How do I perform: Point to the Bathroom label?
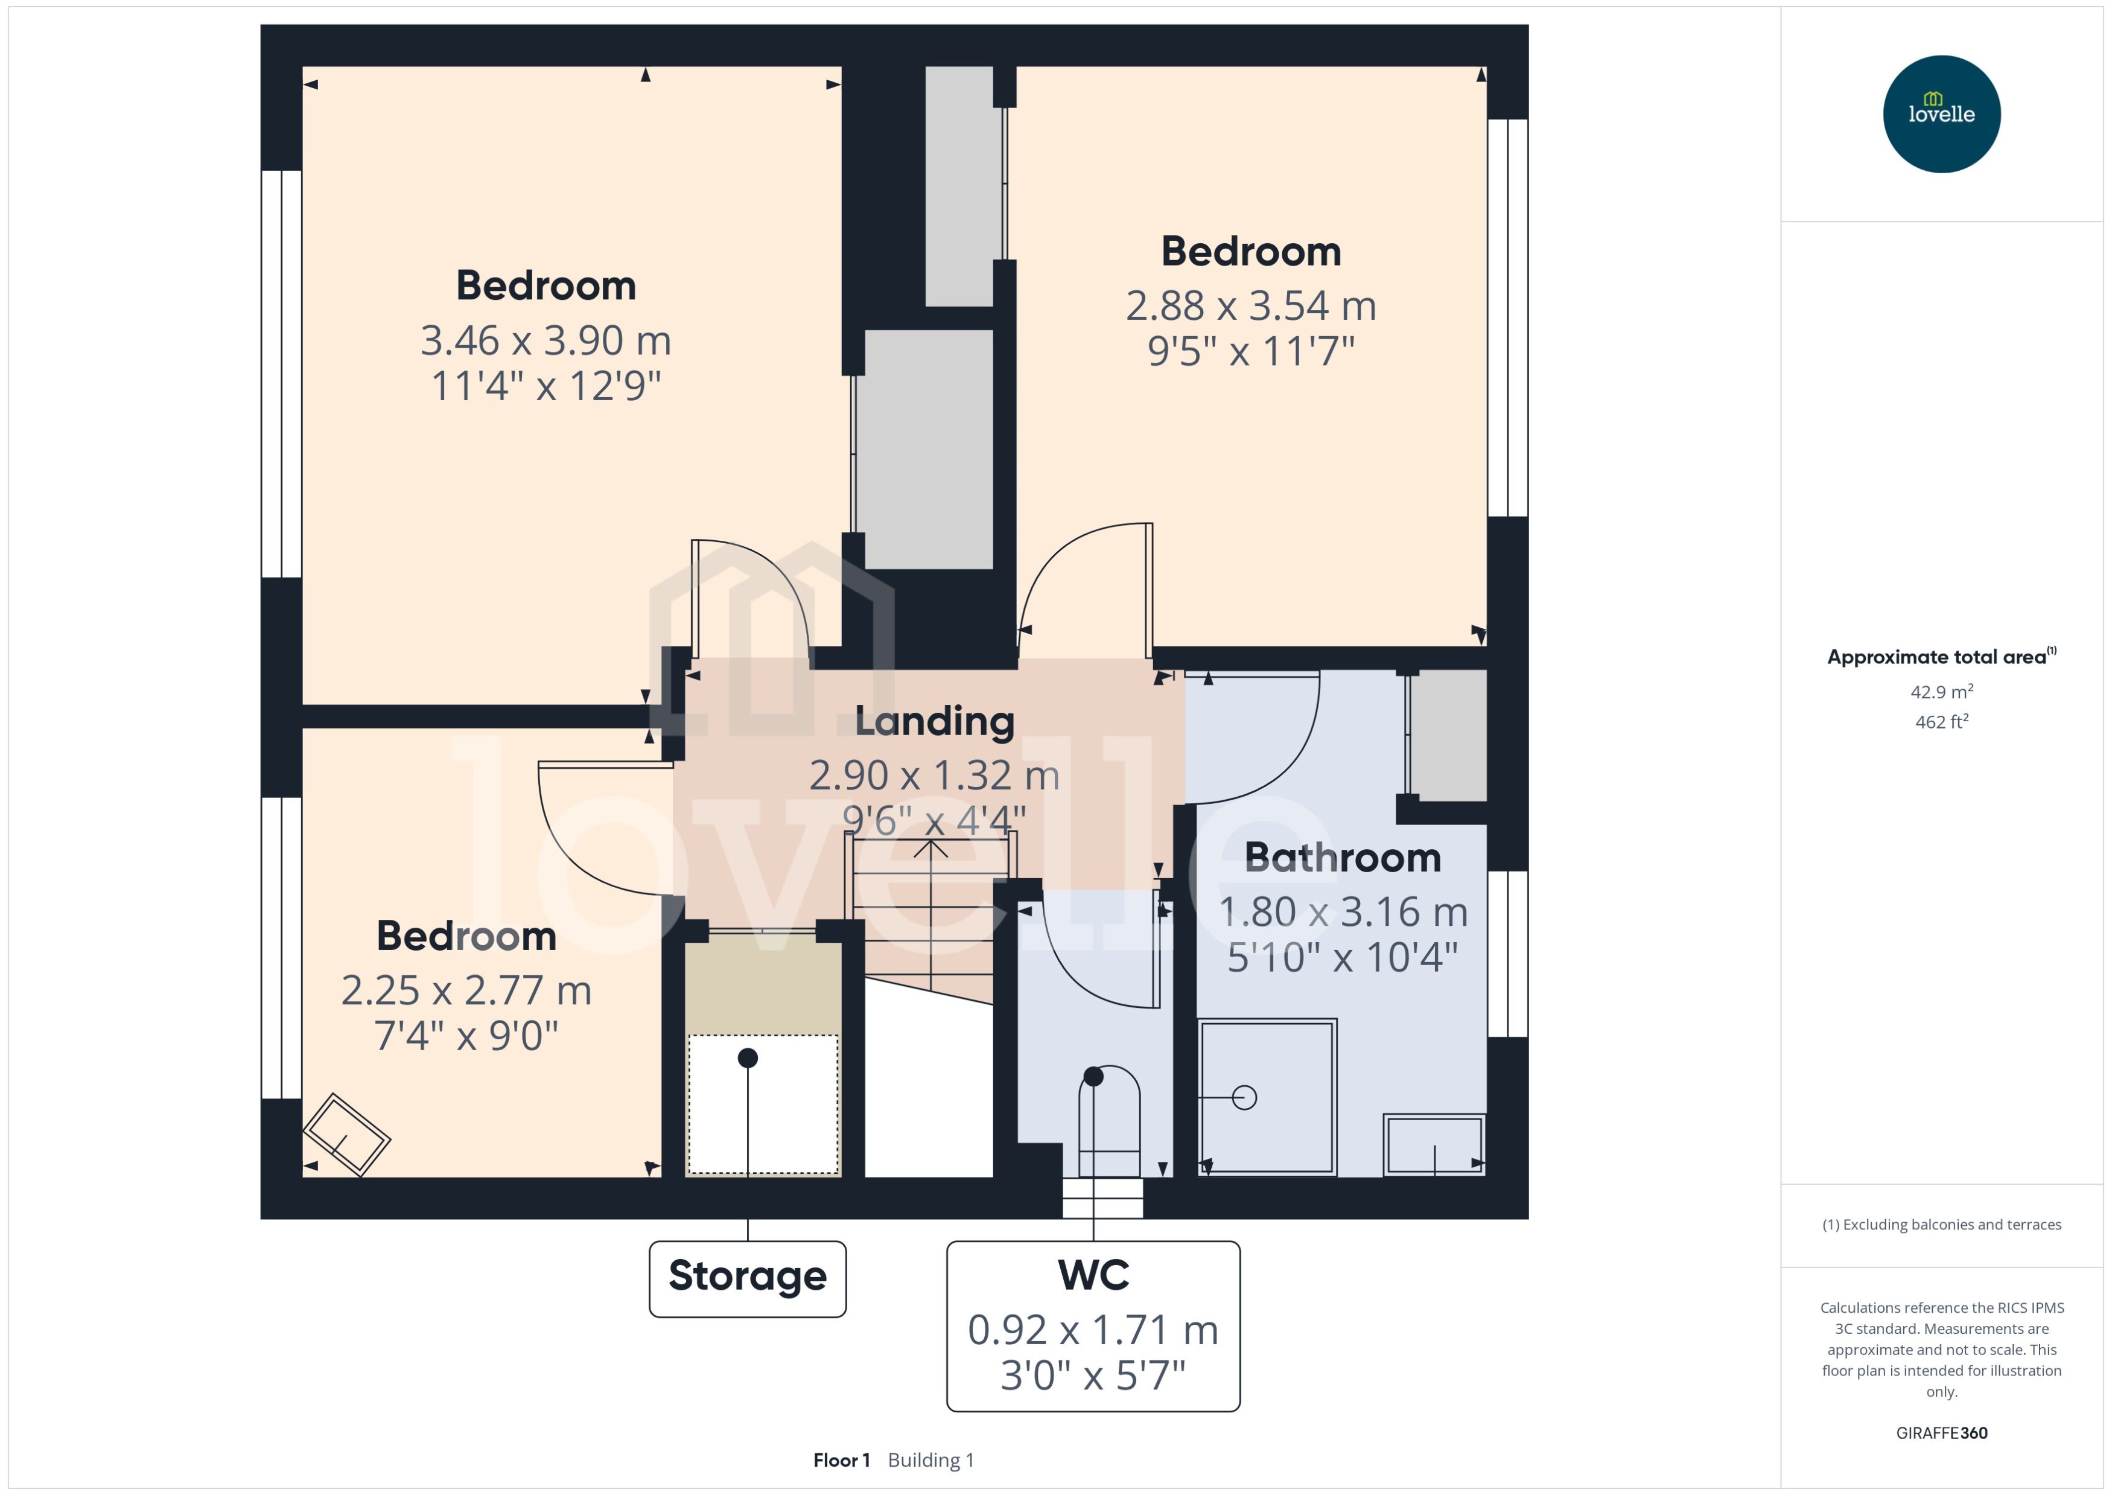point(1342,858)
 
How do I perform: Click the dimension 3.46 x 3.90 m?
point(545,340)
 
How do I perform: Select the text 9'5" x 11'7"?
point(1251,351)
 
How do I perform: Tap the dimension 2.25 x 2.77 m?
point(466,990)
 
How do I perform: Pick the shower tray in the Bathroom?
point(1267,1097)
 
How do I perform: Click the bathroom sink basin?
point(1434,1144)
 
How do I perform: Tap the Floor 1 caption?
point(841,1460)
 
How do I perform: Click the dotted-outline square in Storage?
point(763,1105)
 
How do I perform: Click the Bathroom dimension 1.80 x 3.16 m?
point(1342,913)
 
